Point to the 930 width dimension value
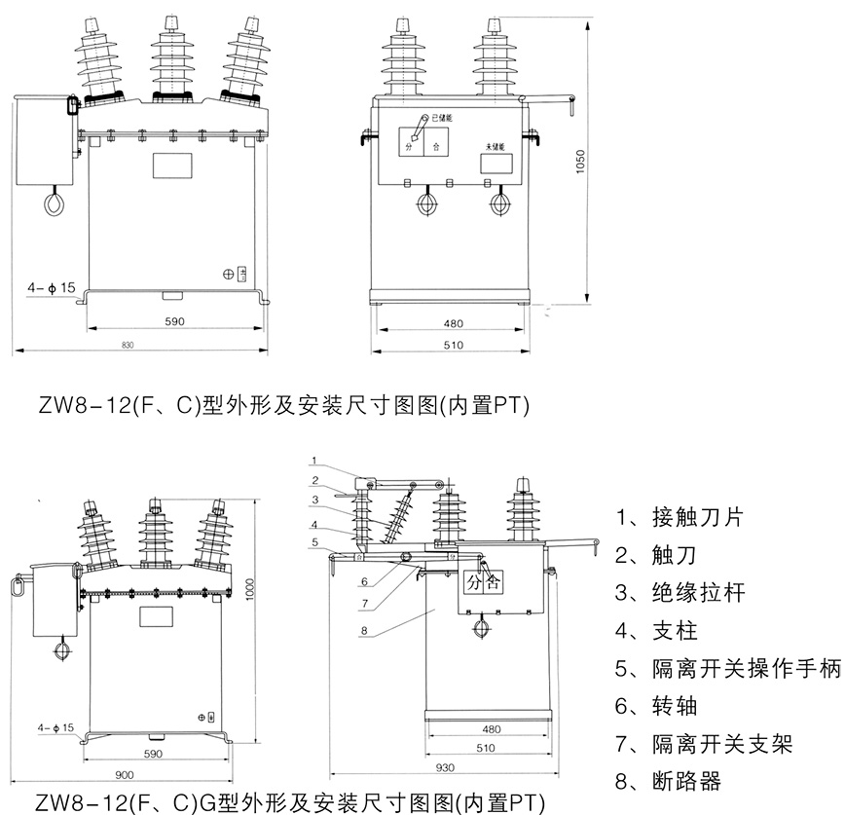[x=444, y=768]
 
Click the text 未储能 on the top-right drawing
[x=497, y=145]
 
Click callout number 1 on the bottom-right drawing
[x=314, y=460]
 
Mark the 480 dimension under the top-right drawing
[x=453, y=323]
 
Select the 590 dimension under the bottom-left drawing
[x=153, y=753]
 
